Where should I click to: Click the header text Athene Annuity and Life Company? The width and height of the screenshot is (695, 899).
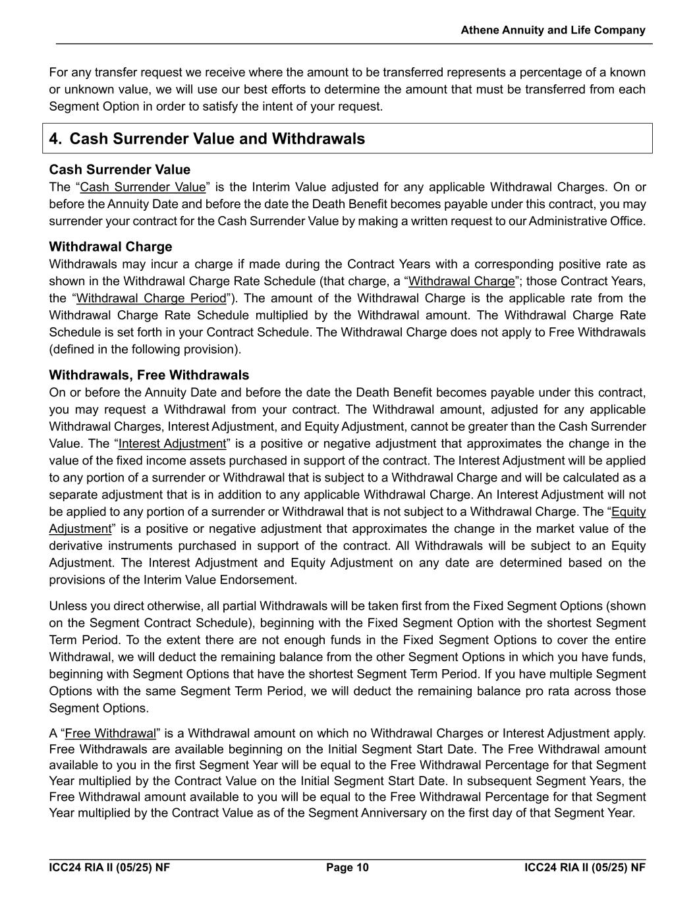(553, 30)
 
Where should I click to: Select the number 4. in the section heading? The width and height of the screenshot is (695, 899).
(56, 139)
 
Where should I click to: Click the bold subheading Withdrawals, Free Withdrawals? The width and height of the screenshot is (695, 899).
(149, 375)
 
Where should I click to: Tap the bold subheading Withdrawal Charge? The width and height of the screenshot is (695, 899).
(111, 247)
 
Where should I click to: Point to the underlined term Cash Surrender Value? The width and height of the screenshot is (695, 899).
(142, 187)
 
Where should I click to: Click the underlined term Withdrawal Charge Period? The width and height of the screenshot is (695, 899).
(151, 298)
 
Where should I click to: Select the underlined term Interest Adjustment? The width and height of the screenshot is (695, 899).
(172, 444)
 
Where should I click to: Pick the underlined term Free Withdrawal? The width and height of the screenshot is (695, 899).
(110, 734)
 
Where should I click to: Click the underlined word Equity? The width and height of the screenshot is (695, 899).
(628, 512)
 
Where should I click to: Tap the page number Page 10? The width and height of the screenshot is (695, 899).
(347, 867)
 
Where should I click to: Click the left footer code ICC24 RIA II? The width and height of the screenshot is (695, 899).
(109, 867)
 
